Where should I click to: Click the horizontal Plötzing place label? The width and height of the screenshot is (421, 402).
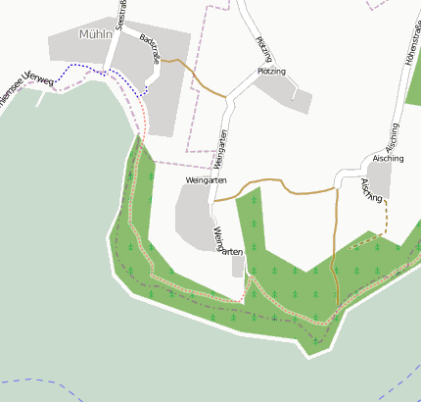(x=271, y=72)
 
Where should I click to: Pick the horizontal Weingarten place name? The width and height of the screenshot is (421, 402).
(x=206, y=181)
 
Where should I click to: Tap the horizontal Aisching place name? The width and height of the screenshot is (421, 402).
(x=388, y=157)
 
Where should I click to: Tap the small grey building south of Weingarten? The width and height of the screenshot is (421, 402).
(x=238, y=266)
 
